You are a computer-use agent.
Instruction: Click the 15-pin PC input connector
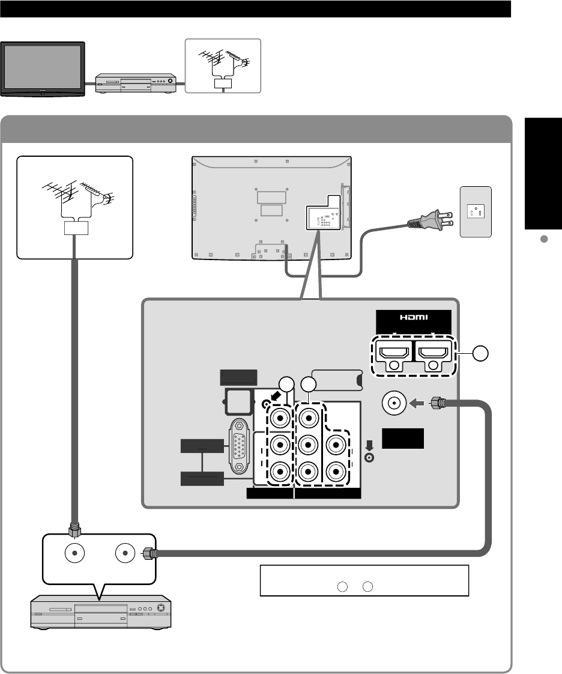click(x=240, y=445)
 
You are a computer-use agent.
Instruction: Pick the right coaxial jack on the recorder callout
click(x=125, y=553)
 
